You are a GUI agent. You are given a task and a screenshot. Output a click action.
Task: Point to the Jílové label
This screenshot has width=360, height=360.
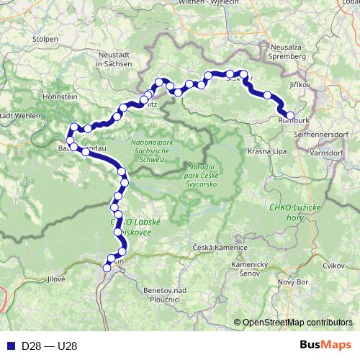[x=55, y=278]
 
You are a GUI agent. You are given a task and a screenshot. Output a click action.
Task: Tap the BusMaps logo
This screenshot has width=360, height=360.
[x=325, y=345]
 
